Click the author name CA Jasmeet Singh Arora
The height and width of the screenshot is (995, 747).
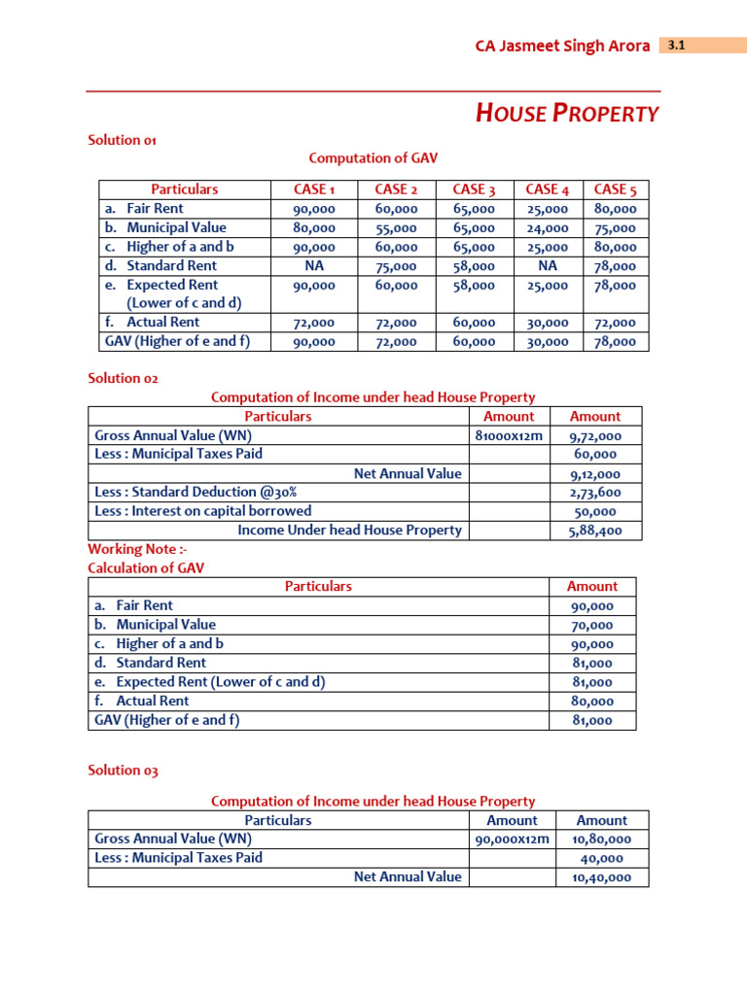pos(562,46)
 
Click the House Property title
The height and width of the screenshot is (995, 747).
pos(566,114)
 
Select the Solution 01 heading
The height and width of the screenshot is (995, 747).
pos(123,140)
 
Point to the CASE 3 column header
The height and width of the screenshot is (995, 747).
pos(474,189)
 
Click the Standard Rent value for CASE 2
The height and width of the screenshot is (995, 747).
pos(396,266)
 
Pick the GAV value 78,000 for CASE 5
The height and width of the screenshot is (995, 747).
pos(615,342)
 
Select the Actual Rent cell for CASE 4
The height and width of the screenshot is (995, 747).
pos(547,323)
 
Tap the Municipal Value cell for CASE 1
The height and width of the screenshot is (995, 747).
pos(314,228)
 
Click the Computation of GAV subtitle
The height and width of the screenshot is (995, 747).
pos(365,158)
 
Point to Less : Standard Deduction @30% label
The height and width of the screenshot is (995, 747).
pos(196,492)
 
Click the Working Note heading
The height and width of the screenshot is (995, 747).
pos(124,549)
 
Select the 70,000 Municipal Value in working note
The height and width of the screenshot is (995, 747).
pos(592,626)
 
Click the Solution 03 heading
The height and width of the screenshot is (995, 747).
pos(123,771)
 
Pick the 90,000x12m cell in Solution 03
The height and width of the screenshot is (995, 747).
pos(512,840)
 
